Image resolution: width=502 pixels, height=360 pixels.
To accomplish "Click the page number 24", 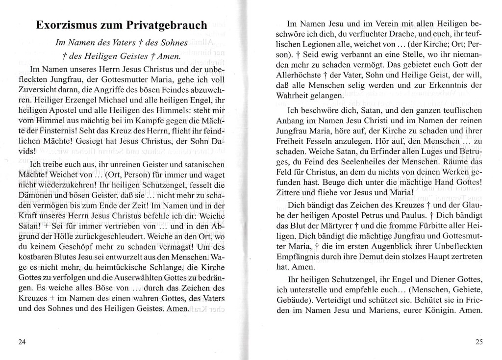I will (21, 342).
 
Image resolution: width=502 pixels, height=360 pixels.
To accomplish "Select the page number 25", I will (479, 342).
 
